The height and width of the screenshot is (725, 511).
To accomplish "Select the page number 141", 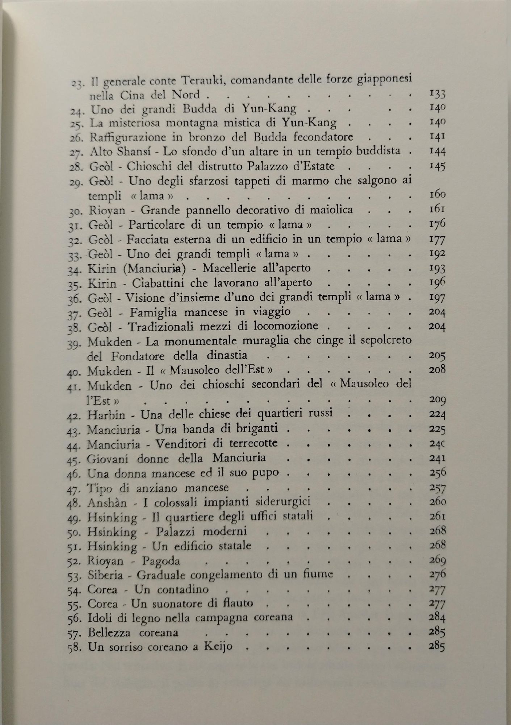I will [436, 137].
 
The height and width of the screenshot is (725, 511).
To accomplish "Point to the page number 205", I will [436, 355].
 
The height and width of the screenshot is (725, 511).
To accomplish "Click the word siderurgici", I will [281, 502].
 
